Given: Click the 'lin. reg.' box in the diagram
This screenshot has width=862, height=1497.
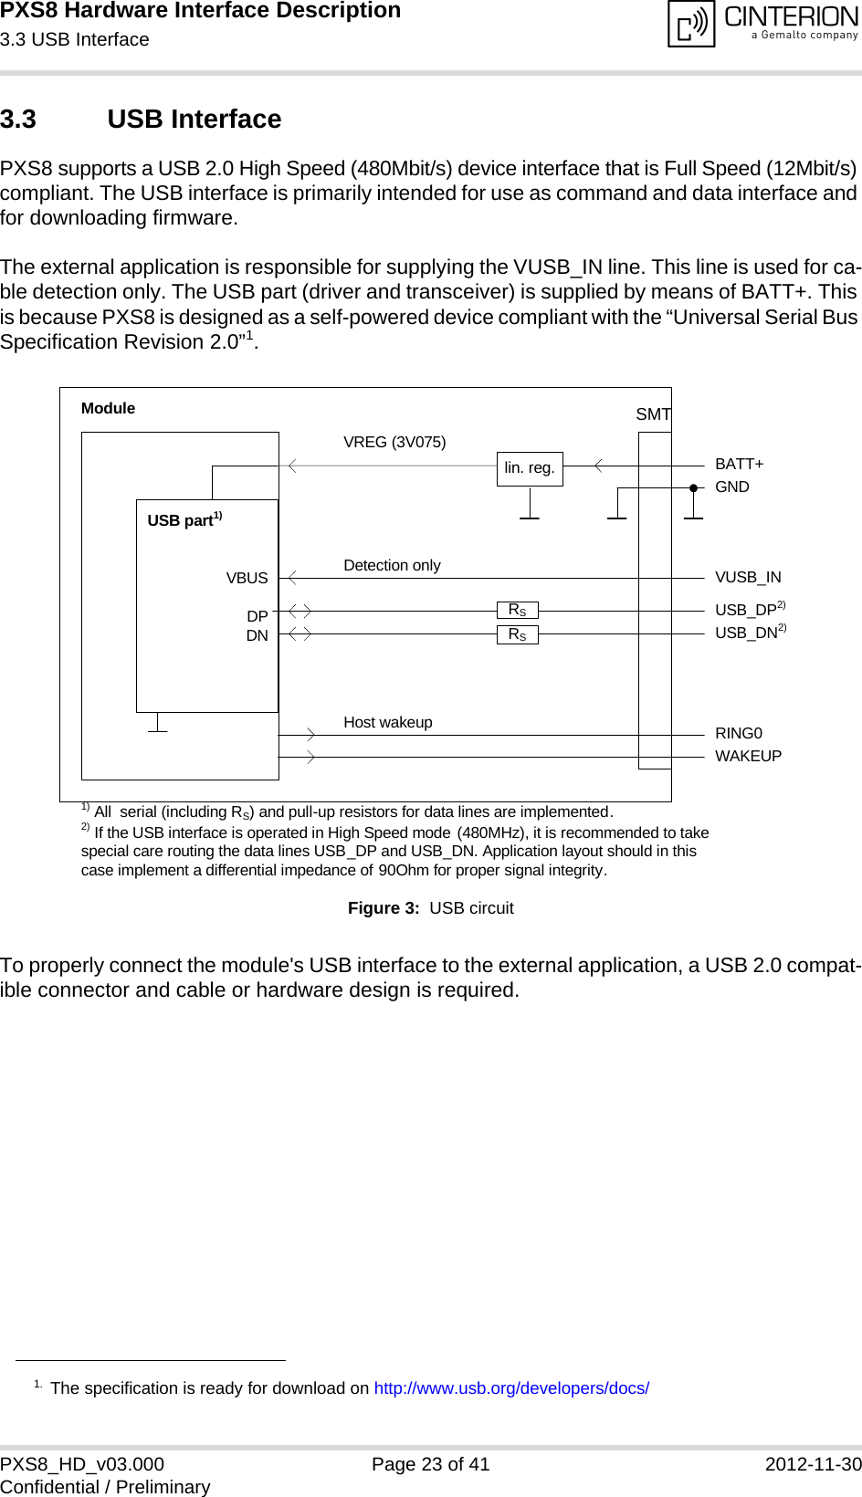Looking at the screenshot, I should pos(530,468).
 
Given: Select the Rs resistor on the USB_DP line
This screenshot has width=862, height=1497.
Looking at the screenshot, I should pos(518,610).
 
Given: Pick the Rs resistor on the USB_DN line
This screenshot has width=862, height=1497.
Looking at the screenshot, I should pos(518,634).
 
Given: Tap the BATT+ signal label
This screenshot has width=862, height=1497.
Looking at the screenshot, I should pos(740,464).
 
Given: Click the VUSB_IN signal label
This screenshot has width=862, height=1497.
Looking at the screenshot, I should pos(748,577).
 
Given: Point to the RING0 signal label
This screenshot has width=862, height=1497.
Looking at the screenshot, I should pos(739,733).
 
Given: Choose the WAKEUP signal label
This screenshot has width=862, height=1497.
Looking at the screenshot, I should pos(748,756).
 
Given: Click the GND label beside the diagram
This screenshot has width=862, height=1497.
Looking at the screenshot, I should pos(732,487).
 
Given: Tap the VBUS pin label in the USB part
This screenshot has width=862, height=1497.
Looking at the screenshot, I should pos(247,578).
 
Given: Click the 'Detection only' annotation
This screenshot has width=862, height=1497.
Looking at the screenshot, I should pos(392,565).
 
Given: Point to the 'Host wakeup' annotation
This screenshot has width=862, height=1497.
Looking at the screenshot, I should pos(388,722).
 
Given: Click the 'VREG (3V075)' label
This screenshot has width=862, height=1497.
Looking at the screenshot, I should pos(394,442).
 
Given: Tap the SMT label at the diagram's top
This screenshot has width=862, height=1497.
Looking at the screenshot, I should pos(654,414).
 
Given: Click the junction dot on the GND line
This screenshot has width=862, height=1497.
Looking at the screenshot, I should pos(694,488).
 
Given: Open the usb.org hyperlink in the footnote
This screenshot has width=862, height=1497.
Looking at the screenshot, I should pos(511,1387).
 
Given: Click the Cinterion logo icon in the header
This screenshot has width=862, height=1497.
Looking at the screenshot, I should pos(691,24).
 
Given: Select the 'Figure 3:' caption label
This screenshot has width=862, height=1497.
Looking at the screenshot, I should pos(384,907).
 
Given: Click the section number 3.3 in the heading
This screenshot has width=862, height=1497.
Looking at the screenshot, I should pos(18,120).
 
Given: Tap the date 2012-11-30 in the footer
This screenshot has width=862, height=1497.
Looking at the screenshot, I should pos(813,1464).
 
